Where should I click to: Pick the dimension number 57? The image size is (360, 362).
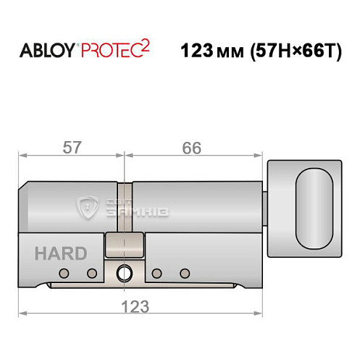[x=71, y=147]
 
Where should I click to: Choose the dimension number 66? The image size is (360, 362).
[x=191, y=147]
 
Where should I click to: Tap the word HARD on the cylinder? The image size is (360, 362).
[x=61, y=253]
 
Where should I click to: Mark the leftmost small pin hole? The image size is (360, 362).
[x=64, y=273]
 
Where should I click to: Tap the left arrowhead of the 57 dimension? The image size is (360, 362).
[x=22, y=154]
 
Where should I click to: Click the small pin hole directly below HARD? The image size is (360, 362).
[x=64, y=273]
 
